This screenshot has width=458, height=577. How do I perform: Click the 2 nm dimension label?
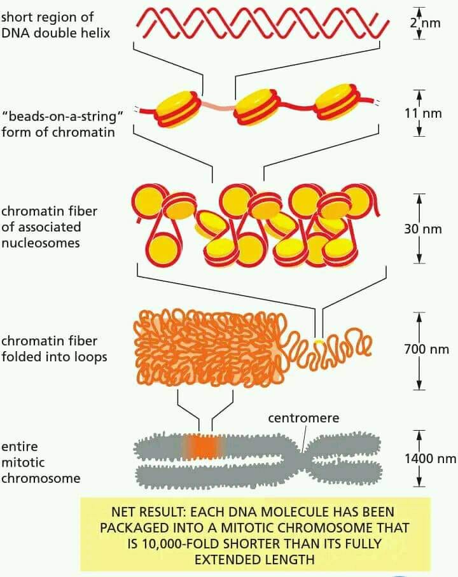426,23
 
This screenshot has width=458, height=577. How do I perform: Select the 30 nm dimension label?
422,229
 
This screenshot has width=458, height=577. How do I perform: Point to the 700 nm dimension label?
426,349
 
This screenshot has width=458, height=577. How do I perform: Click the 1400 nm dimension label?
431,459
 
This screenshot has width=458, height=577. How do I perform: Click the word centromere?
303,418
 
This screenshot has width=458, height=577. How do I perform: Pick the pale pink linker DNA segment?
219,106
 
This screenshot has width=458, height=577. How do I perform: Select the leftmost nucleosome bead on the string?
179,107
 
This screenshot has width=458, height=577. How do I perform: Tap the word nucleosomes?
41,243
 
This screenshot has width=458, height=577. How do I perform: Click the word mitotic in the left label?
23,462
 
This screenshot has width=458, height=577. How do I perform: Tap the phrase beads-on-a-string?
62,116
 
